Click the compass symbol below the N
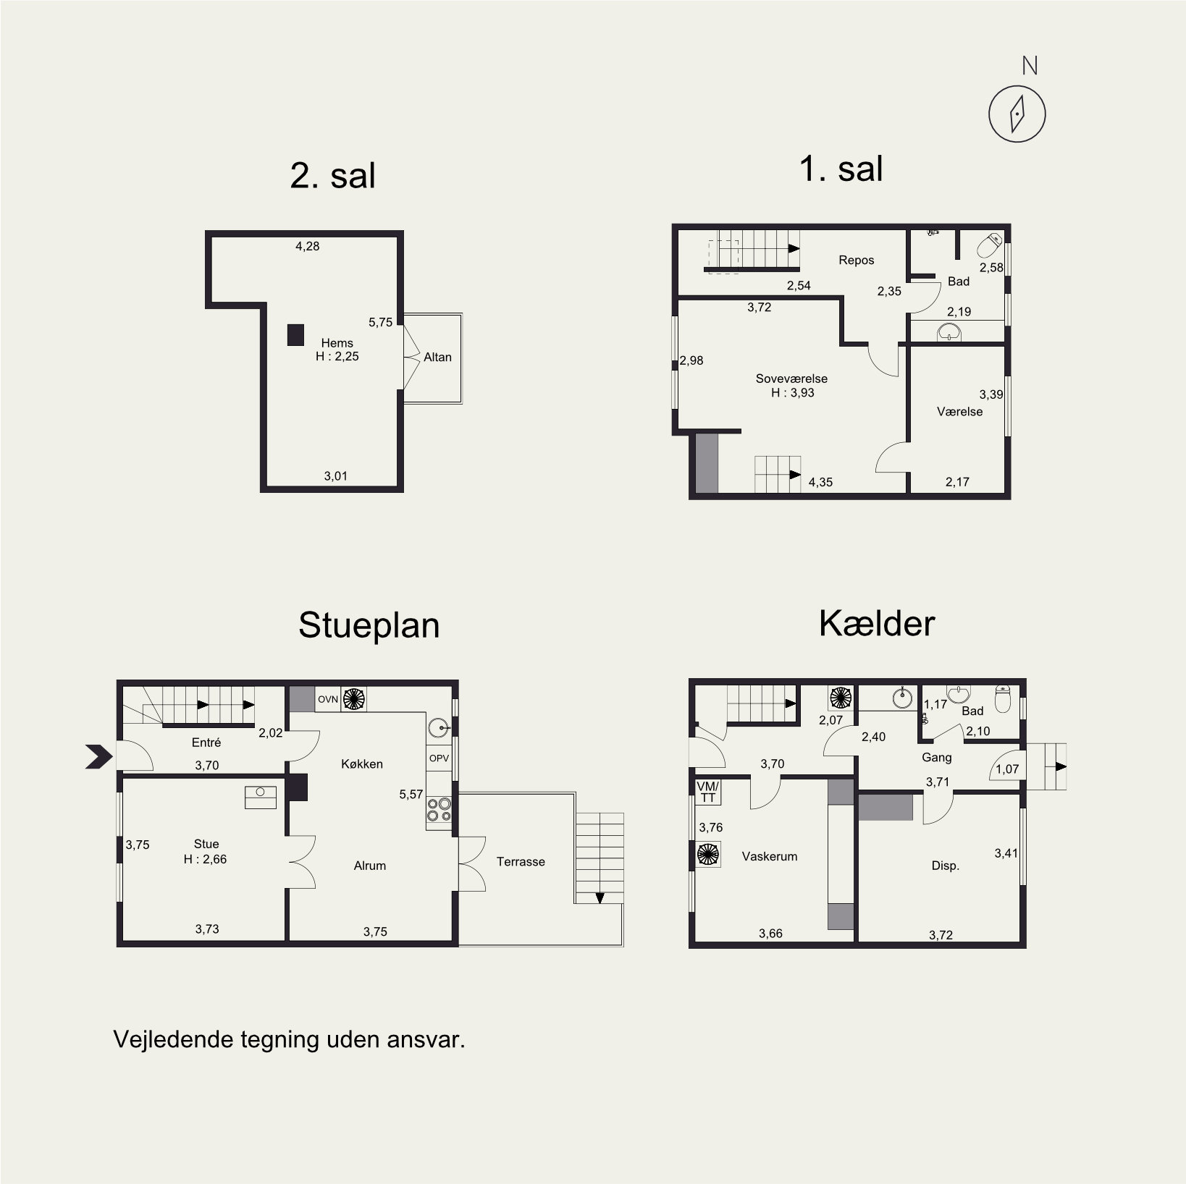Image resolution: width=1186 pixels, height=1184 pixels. click(x=1017, y=114)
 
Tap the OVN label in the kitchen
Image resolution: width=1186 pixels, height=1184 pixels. click(x=328, y=699)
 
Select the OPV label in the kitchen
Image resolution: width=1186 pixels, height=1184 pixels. click(x=439, y=758)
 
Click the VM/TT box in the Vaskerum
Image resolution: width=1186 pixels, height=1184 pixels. click(x=707, y=792)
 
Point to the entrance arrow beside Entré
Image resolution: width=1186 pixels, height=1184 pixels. click(x=98, y=756)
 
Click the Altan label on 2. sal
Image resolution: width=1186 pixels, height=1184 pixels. click(x=437, y=357)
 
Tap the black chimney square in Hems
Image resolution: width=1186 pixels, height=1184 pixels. click(x=295, y=334)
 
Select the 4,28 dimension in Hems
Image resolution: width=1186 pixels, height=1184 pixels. click(x=307, y=246)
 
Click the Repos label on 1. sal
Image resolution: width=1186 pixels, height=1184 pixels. click(x=856, y=260)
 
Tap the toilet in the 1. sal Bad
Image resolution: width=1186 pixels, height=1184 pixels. click(x=990, y=246)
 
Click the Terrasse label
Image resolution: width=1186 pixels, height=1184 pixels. click(x=521, y=861)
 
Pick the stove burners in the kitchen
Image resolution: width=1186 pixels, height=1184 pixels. click(x=439, y=809)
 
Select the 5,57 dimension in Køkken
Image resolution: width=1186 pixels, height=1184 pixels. click(x=411, y=794)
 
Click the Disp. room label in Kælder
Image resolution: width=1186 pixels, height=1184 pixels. click(x=945, y=866)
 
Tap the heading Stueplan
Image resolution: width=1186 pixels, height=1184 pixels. click(x=369, y=625)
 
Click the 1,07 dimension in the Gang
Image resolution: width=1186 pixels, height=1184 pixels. click(x=1006, y=769)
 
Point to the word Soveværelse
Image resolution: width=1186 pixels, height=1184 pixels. click(x=791, y=379)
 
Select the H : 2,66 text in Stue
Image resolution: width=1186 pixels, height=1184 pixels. click(x=205, y=859)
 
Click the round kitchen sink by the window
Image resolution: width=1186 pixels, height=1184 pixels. click(x=439, y=727)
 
